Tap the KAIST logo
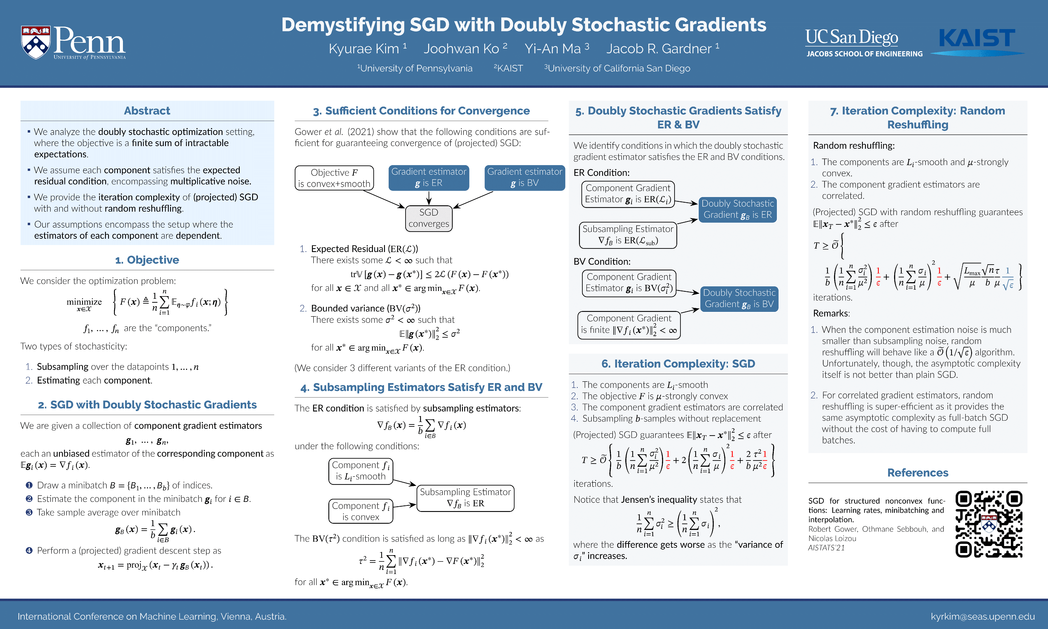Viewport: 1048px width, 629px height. pos(977,39)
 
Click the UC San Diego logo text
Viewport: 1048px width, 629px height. pos(851,37)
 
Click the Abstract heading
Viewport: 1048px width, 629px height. pos(147,111)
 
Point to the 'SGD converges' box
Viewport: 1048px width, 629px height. pos(429,218)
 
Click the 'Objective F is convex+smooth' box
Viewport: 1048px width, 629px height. pos(334,178)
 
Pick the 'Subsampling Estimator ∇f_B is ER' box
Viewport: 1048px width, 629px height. pos(465,498)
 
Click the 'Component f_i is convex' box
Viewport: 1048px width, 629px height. pos(360,511)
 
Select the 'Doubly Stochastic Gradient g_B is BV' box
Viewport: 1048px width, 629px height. pos(739,299)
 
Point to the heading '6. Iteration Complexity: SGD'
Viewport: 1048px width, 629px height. pos(678,364)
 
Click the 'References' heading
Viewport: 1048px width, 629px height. pos(917,473)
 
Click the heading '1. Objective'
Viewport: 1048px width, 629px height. pos(147,260)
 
